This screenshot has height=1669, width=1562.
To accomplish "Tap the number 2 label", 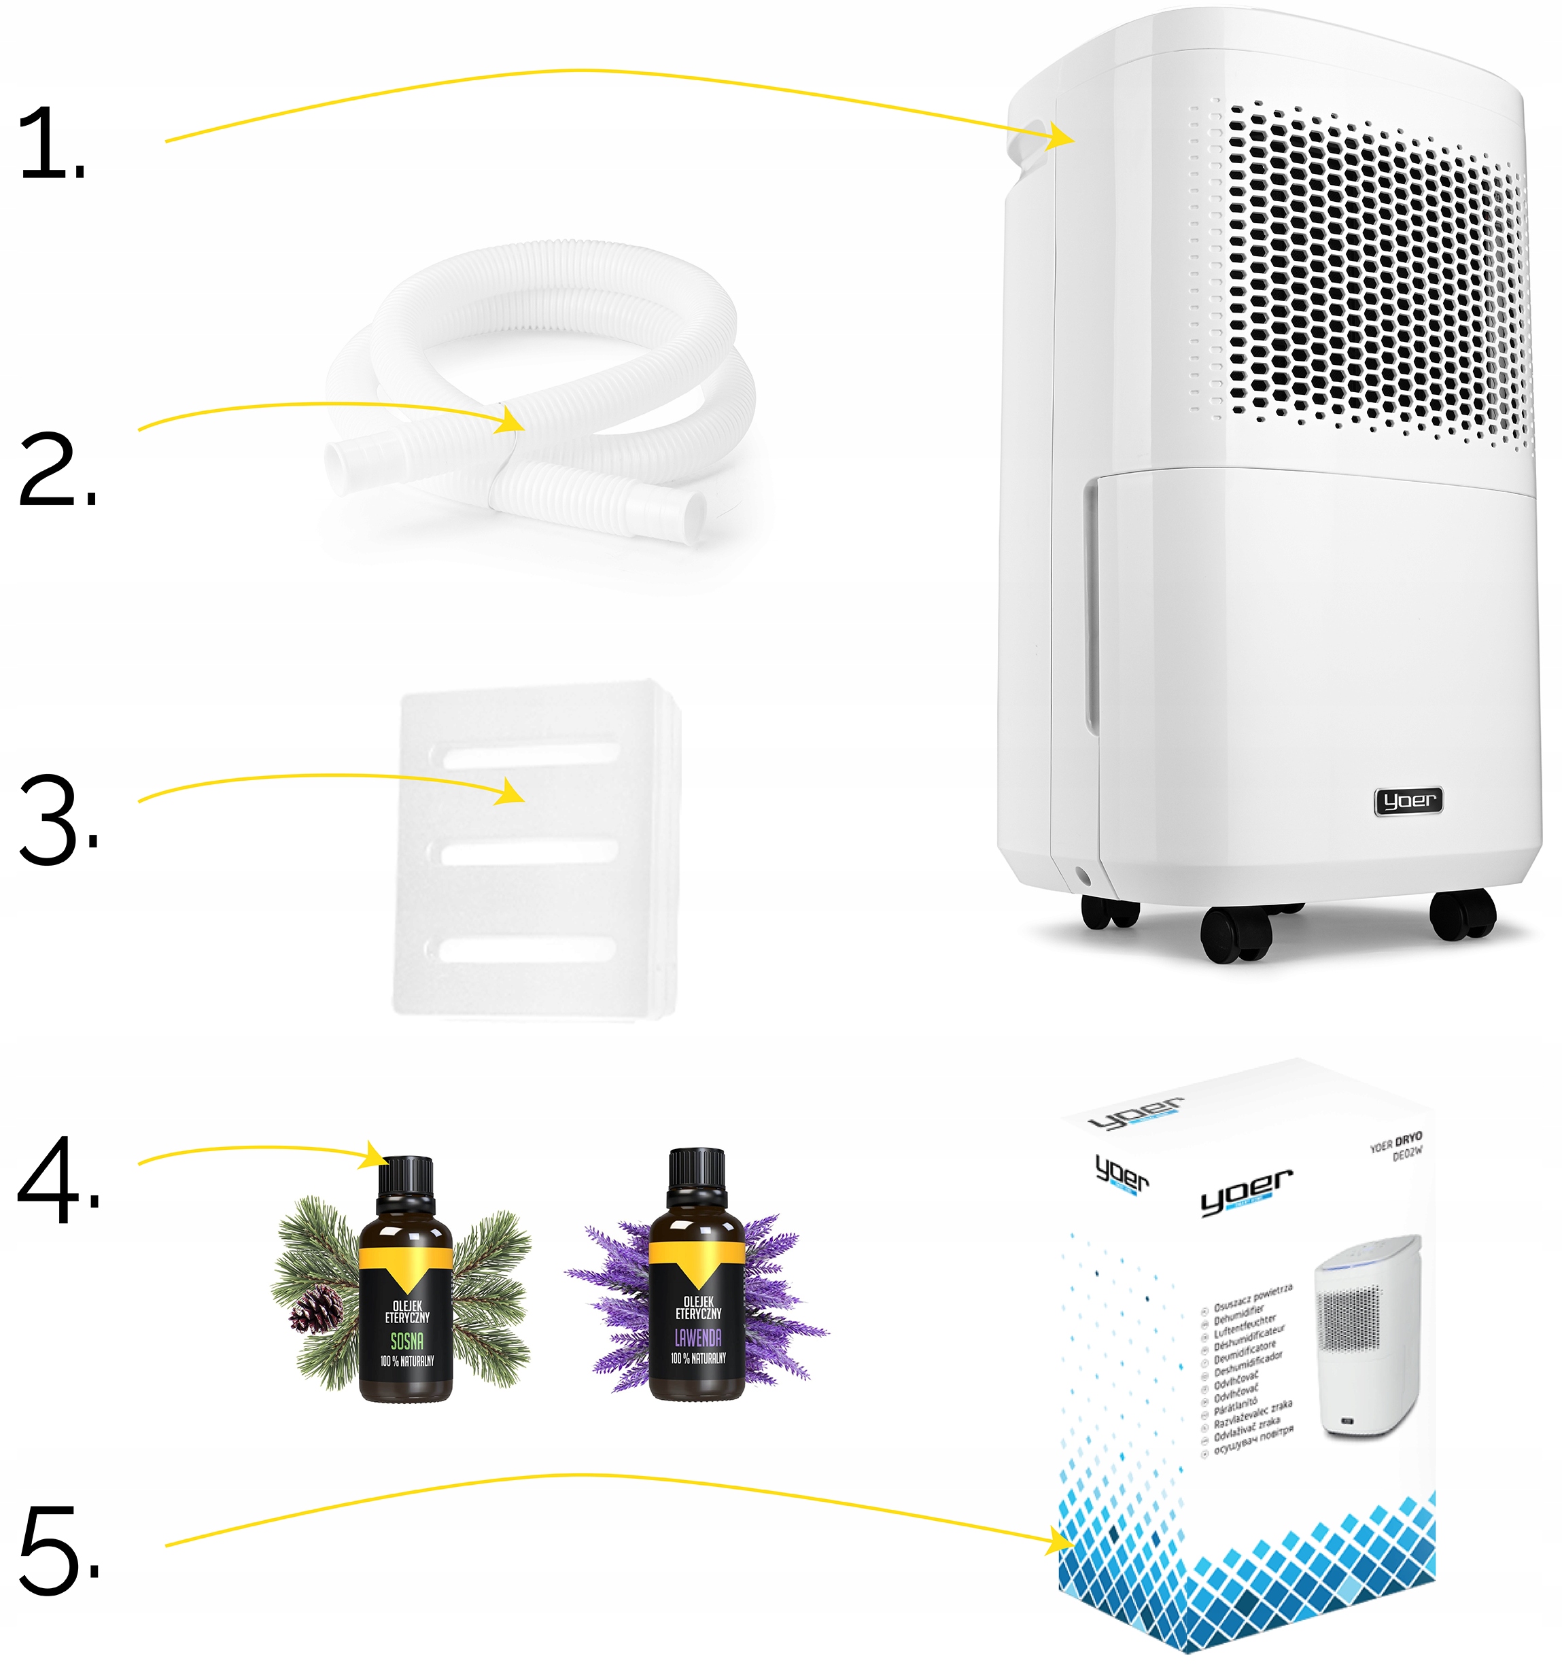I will pos(54,470).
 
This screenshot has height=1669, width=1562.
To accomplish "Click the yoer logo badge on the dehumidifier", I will pos(1408,801).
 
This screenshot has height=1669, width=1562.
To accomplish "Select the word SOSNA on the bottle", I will pos(406,1341).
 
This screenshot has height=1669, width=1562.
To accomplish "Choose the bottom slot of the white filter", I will pos(527,949).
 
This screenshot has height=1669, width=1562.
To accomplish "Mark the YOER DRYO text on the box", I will pos(1395,1142).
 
